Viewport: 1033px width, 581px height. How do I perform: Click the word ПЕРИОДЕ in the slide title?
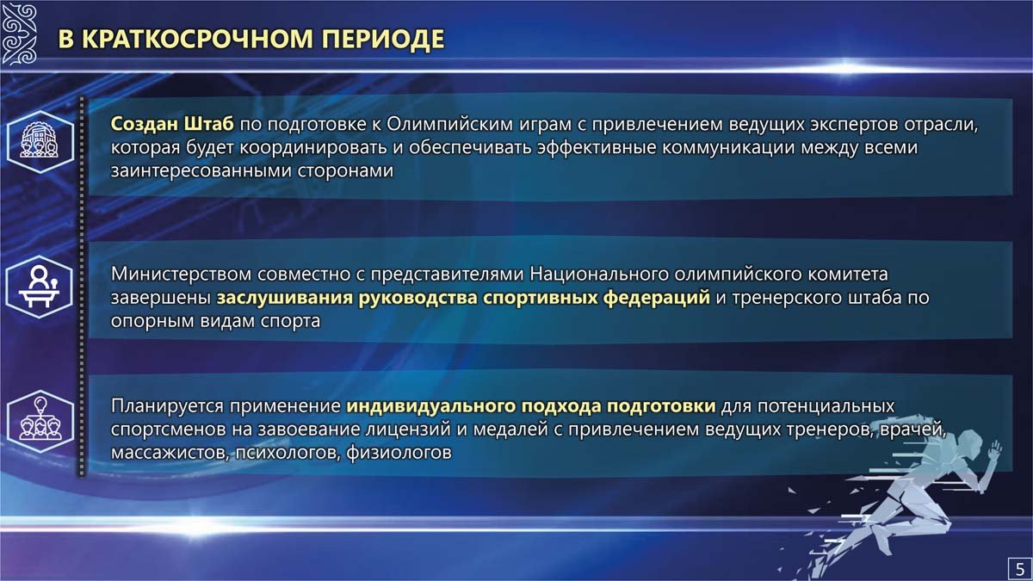(x=383, y=38)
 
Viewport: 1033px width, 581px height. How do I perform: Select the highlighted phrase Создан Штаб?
(x=172, y=124)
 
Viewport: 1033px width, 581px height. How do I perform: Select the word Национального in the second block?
(x=598, y=275)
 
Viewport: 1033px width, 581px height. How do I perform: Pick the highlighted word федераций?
(x=657, y=299)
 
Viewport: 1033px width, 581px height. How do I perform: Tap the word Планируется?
(x=167, y=406)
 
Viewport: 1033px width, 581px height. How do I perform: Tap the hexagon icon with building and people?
(x=40, y=141)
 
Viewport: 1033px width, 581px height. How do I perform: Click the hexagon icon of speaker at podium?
(x=40, y=287)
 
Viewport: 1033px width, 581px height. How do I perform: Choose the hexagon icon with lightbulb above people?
(x=40, y=421)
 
